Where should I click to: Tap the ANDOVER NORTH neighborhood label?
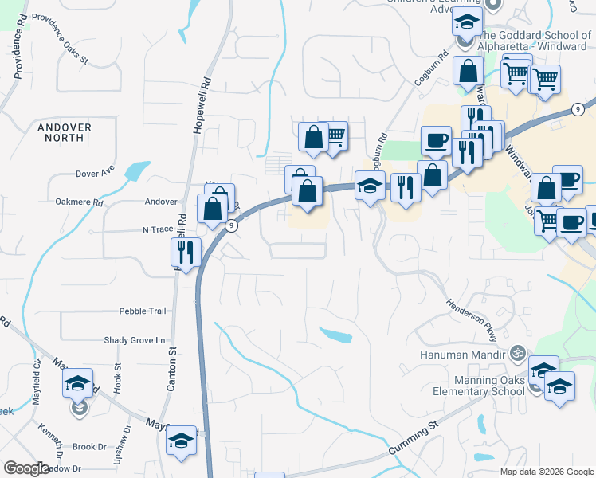click(x=65, y=132)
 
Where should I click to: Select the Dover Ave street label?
click(x=95, y=173)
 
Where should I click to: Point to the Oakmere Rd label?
click(x=80, y=202)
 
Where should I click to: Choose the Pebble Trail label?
click(x=142, y=311)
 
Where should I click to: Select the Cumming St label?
click(x=414, y=440)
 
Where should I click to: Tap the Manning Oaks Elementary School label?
click(x=478, y=386)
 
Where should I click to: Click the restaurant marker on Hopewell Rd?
click(x=184, y=253)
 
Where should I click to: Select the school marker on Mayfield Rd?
click(x=78, y=384)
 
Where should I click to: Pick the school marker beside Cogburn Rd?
click(x=370, y=186)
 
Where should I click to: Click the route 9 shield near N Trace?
click(x=230, y=226)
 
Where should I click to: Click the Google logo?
click(x=26, y=468)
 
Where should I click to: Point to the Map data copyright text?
click(x=546, y=472)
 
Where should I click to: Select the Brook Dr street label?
click(x=88, y=447)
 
